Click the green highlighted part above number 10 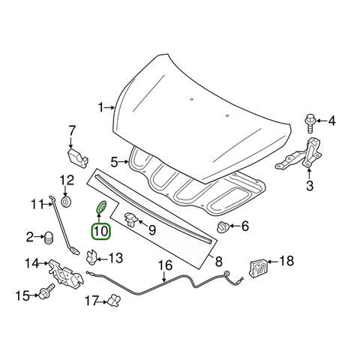tap(101, 207)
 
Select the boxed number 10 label tap(100, 231)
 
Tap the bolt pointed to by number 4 tap(310, 124)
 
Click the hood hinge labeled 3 tap(300, 154)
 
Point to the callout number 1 tap(100, 108)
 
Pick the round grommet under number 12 tap(67, 202)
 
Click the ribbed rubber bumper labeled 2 tap(48, 238)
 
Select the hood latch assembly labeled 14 tap(65, 274)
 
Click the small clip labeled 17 tap(114, 300)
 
